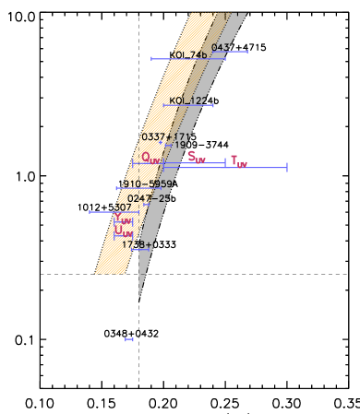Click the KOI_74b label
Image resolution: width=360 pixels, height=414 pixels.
click(x=190, y=55)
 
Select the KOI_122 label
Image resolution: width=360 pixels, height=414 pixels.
click(x=188, y=101)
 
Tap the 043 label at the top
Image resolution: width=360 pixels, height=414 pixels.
click(x=222, y=47)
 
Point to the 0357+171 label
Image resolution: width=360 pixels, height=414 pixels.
click(x=166, y=136)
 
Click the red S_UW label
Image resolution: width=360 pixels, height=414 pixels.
click(x=197, y=157)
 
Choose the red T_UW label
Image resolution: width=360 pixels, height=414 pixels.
click(x=239, y=161)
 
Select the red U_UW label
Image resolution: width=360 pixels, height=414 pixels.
click(x=124, y=233)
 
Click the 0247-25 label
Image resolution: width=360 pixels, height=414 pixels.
click(x=149, y=198)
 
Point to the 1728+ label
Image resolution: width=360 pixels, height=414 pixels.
click(x=137, y=244)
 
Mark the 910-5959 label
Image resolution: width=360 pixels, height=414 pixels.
click(x=147, y=184)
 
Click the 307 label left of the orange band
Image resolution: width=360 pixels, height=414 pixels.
click(x=122, y=207)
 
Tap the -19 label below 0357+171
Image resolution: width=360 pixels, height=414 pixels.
click(x=176, y=146)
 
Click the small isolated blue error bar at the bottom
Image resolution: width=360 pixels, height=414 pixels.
click(x=129, y=339)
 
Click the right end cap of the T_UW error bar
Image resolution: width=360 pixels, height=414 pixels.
click(x=287, y=167)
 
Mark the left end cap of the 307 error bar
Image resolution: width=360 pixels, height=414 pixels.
click(x=90, y=212)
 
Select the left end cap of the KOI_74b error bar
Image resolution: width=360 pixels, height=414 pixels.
click(x=151, y=59)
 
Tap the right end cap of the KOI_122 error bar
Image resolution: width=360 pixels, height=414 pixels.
click(x=213, y=105)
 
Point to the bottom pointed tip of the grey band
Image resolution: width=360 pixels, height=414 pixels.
click(x=139, y=297)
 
